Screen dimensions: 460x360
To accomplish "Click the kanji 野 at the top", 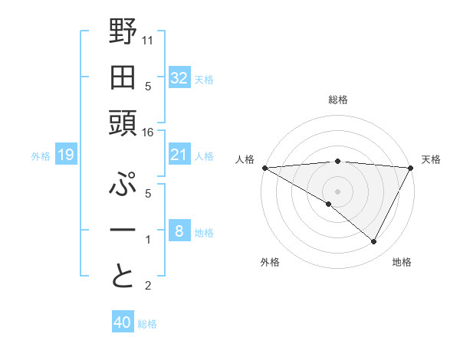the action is coord(123,32).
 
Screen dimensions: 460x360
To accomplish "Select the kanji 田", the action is coord(123,78).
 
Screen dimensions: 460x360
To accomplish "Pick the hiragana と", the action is coord(123,275).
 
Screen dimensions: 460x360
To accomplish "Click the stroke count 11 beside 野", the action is coord(149,38).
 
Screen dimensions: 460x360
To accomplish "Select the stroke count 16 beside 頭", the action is coord(149,132).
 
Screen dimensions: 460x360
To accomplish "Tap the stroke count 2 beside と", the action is coord(148,286).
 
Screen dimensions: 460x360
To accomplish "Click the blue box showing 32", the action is coord(179,77).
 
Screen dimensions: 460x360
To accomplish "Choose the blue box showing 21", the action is coord(179,155).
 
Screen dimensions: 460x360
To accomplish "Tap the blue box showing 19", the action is coord(65,155).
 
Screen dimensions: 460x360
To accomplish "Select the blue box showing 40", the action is coord(123,322).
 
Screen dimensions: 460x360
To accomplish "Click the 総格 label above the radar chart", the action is coord(338,100).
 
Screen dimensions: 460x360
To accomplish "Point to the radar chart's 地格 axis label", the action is coord(402,262).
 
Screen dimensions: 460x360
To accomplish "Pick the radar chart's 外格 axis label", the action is coord(270,262).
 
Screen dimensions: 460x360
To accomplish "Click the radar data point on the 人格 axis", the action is coord(265,168).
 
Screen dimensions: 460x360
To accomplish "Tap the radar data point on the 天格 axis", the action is coord(411,168).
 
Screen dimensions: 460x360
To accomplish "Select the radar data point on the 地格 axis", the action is coord(374,242).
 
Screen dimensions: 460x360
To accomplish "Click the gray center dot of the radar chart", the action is coord(337,191).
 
